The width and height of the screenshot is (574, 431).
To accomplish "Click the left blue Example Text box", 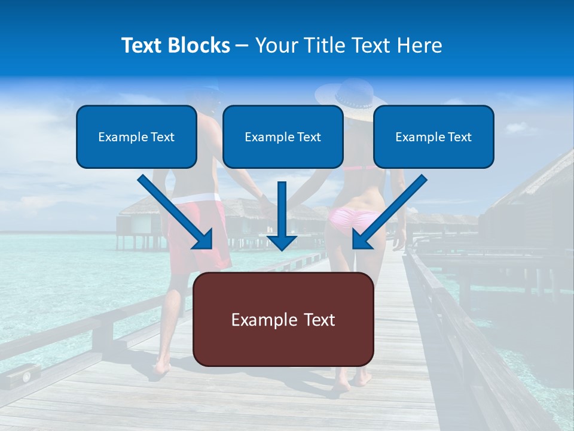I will pyautogui.click(x=136, y=136).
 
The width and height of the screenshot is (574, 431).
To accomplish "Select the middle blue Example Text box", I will pyautogui.click(x=283, y=136).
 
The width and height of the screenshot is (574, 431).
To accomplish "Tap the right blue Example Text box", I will pyautogui.click(x=433, y=136).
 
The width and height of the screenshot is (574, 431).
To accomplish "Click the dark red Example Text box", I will pyautogui.click(x=283, y=319).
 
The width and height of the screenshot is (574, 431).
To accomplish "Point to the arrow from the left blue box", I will pyautogui.click(x=176, y=213).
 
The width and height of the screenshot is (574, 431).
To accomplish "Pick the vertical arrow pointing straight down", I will pyautogui.click(x=282, y=215).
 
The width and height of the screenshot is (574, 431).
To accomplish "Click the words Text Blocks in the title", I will pyautogui.click(x=175, y=45).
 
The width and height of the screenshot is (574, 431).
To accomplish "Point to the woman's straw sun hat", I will pyautogui.click(x=351, y=99).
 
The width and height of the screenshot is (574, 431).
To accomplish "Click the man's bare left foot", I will pyautogui.click(x=160, y=367).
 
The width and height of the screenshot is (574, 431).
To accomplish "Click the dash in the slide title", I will pyautogui.click(x=242, y=45).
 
